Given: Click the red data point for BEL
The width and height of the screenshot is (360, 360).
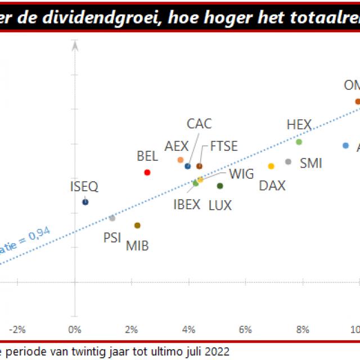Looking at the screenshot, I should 147,172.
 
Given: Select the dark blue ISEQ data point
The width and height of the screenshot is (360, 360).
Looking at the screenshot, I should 85,201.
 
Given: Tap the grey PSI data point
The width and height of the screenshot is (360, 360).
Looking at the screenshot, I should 112,218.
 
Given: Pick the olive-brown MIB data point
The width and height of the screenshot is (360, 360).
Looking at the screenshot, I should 137,225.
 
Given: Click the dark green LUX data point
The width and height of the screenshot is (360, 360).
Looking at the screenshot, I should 220,186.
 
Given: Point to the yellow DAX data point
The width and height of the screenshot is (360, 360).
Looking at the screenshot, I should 271,166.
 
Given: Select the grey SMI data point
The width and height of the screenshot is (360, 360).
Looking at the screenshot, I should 289,161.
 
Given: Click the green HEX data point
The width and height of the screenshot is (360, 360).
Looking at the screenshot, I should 299,142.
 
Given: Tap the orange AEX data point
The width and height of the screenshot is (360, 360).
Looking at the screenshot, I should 181,160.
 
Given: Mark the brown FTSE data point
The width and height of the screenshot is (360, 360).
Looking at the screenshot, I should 199,166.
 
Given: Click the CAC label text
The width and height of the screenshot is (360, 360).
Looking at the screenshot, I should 199,124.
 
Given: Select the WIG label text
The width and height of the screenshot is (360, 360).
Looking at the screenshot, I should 241,174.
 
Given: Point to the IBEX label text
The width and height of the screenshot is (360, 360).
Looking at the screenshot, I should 187,204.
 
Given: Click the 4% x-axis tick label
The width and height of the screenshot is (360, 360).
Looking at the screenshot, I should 189,329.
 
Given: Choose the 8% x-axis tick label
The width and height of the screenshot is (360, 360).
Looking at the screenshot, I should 303,329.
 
